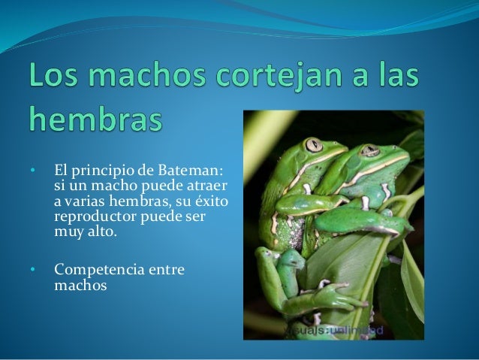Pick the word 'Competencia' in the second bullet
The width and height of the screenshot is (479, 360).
tap(100, 269)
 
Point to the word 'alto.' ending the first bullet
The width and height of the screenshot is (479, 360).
tap(103, 233)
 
